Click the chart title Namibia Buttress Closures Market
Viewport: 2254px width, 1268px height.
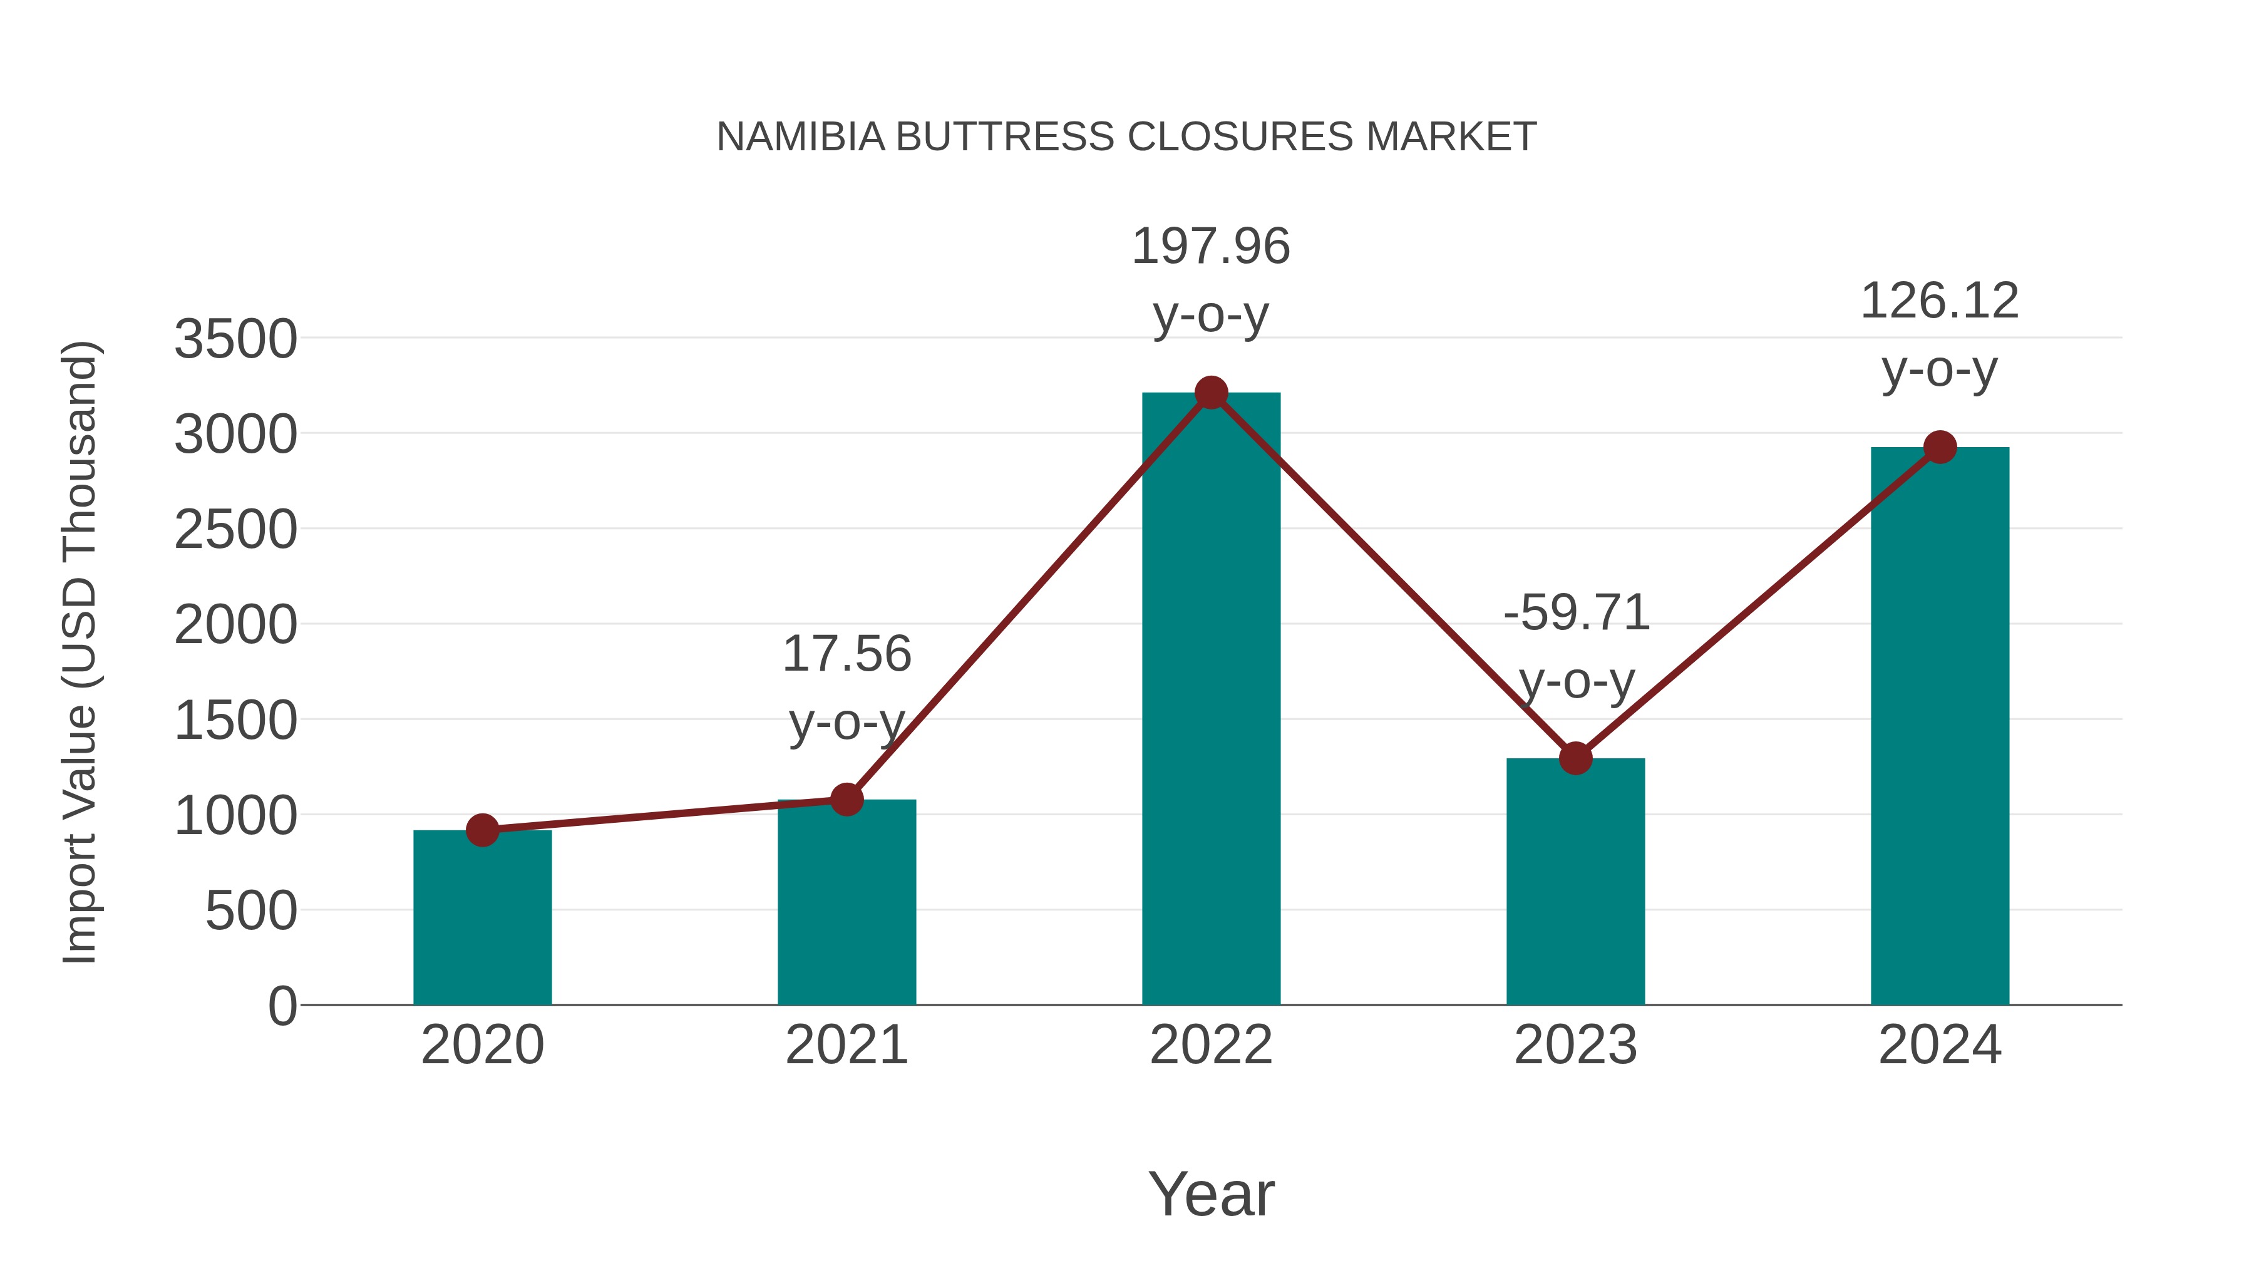(x=1126, y=137)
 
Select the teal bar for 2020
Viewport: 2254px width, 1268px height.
(x=482, y=919)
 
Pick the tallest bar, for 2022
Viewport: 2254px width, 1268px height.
(x=1211, y=700)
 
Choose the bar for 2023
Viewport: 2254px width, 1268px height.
(x=1575, y=884)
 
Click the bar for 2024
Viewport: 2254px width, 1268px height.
(x=1940, y=726)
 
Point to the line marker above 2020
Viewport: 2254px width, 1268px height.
(x=482, y=830)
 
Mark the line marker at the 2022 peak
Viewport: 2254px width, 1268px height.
(x=1211, y=393)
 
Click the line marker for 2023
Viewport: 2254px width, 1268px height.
(x=1575, y=758)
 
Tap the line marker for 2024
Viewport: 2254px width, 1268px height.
(x=1940, y=447)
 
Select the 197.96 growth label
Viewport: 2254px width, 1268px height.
(x=1211, y=247)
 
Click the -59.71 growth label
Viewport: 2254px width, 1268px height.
(x=1576, y=612)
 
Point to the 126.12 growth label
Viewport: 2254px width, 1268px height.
(x=1940, y=302)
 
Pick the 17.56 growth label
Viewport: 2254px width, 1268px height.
(x=846, y=654)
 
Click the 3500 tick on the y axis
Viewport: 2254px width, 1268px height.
(x=235, y=339)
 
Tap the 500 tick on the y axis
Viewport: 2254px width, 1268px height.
(x=251, y=911)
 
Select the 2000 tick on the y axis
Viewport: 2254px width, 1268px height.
(x=235, y=626)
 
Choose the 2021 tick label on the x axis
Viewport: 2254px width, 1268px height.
(x=846, y=1045)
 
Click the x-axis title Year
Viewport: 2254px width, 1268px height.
(x=1211, y=1193)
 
